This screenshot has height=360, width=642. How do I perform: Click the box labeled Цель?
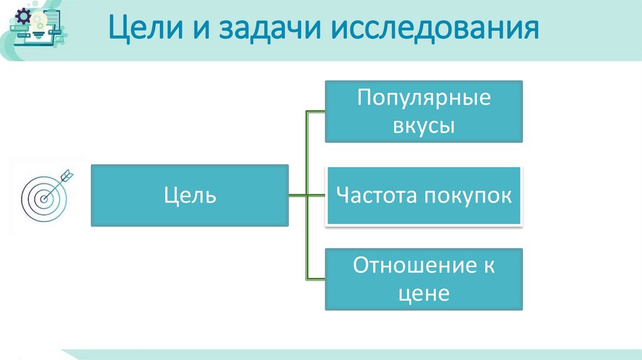(190, 195)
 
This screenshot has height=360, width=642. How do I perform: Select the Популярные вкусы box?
(423, 111)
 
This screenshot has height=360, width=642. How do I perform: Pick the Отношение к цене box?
(423, 279)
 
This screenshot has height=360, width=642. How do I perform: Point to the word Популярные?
(423, 98)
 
